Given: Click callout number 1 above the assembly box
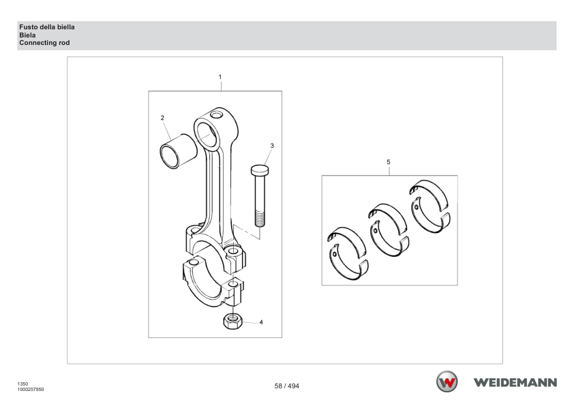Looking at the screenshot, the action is tap(220, 77).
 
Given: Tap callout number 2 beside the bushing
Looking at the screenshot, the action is tap(162, 118).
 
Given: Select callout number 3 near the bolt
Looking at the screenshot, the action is tap(271, 146).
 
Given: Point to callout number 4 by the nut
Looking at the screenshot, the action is tap(261, 322).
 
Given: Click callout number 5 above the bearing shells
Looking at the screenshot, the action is tap(389, 161).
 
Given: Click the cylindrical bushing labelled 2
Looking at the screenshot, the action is tap(179, 151).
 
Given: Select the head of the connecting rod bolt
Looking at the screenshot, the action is tap(260, 170).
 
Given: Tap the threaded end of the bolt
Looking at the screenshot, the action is tap(260, 219).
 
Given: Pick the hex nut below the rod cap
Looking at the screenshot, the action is tap(232, 321).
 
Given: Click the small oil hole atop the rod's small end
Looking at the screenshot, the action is tap(216, 115).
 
